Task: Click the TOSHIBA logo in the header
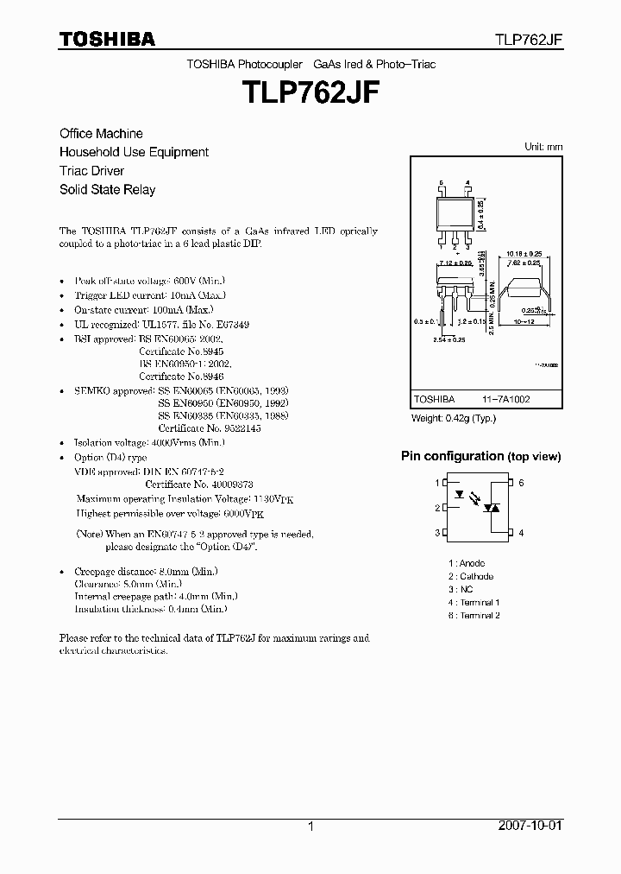107,39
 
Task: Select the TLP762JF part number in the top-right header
528,40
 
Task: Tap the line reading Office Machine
101,133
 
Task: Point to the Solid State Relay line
107,189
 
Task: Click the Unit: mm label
543,147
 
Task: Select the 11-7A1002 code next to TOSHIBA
505,400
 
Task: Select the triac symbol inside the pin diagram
493,508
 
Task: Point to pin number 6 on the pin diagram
522,483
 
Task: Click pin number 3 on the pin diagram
437,533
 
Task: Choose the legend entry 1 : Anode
466,563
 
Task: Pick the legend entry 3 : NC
461,589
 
